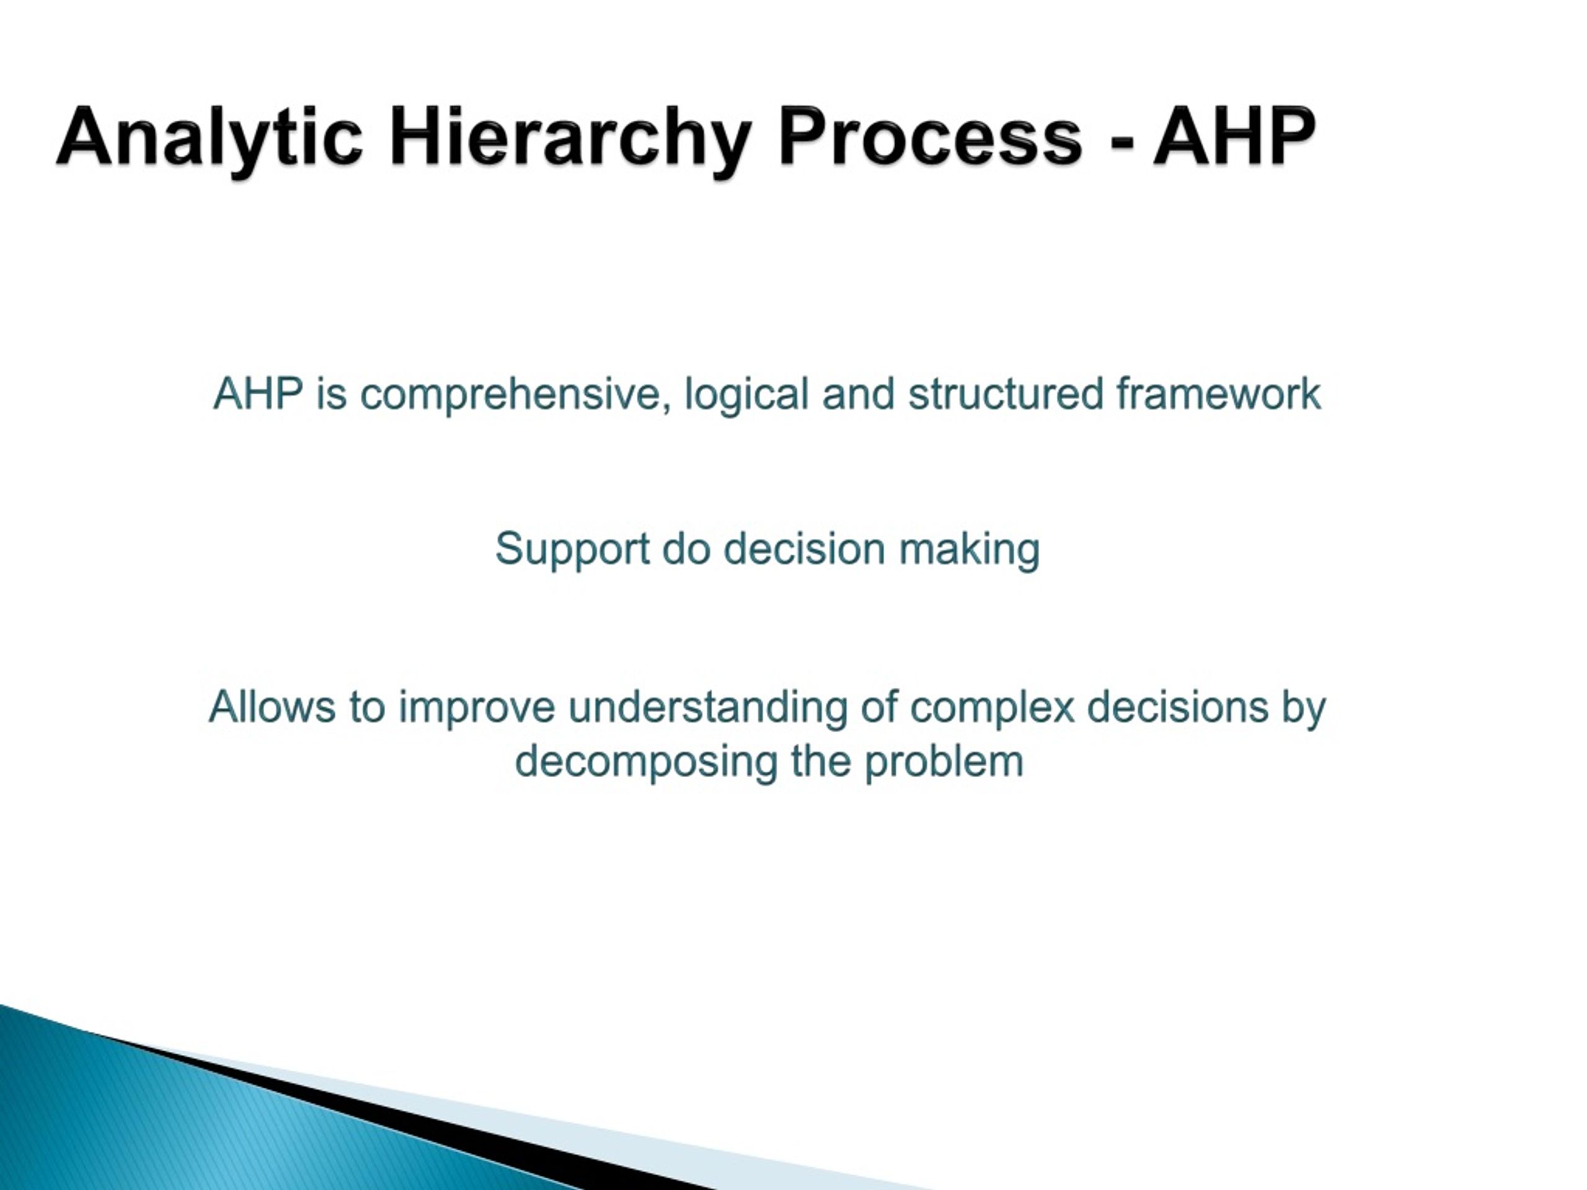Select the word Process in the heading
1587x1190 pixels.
point(930,136)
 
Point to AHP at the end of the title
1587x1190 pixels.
point(1234,136)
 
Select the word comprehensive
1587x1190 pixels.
point(510,395)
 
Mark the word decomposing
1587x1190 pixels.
point(647,762)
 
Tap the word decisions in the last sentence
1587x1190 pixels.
point(1177,707)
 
